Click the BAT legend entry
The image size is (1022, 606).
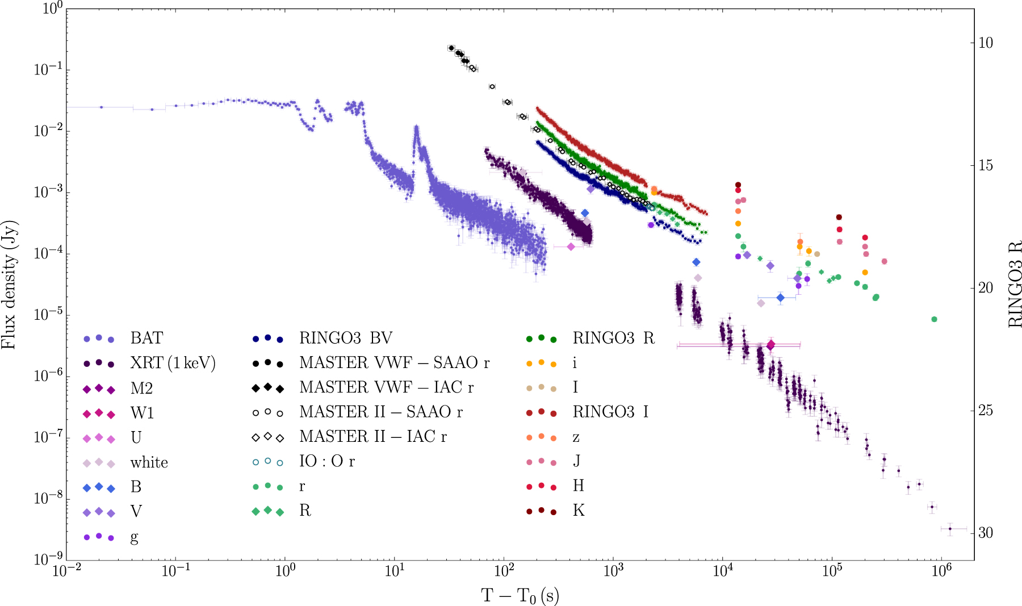coord(146,338)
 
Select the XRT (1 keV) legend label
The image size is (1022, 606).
coord(173,363)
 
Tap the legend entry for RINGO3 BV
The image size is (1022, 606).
coord(345,338)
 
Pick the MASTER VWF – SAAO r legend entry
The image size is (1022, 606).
coord(394,363)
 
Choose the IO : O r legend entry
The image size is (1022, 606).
coord(326,461)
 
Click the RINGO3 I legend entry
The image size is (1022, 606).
coord(610,412)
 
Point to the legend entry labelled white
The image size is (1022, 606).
coord(149,462)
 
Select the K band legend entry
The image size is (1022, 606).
coord(578,511)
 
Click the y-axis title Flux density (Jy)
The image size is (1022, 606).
coord(10,285)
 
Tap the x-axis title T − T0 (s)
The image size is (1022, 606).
coord(520,596)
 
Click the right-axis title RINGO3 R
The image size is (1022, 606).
coord(1013,285)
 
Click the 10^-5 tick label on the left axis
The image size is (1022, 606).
coord(48,315)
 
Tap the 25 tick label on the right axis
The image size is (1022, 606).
coord(986,410)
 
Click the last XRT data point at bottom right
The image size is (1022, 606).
coord(950,529)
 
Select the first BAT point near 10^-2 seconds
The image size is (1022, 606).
coord(102,107)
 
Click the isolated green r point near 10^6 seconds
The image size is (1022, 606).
coord(934,319)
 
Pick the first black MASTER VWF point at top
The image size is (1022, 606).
coord(451,48)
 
